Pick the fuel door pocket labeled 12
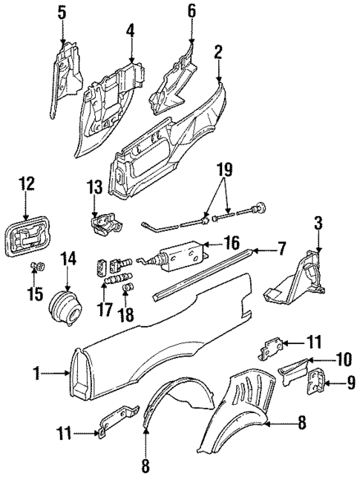[27, 241]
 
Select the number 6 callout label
[191, 10]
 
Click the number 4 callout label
[130, 31]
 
